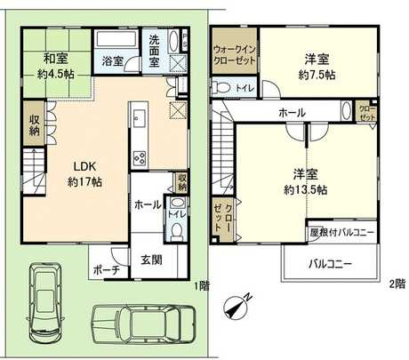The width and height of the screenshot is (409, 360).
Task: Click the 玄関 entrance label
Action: [x=151, y=260]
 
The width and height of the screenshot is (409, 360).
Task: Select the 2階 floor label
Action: [x=396, y=284]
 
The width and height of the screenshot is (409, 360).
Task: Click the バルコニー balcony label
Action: [x=330, y=264]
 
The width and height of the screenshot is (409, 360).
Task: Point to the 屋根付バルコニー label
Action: [x=341, y=233]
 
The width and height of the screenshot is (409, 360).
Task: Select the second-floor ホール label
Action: [x=293, y=113]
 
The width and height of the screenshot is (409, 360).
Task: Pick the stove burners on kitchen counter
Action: [x=140, y=158]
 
